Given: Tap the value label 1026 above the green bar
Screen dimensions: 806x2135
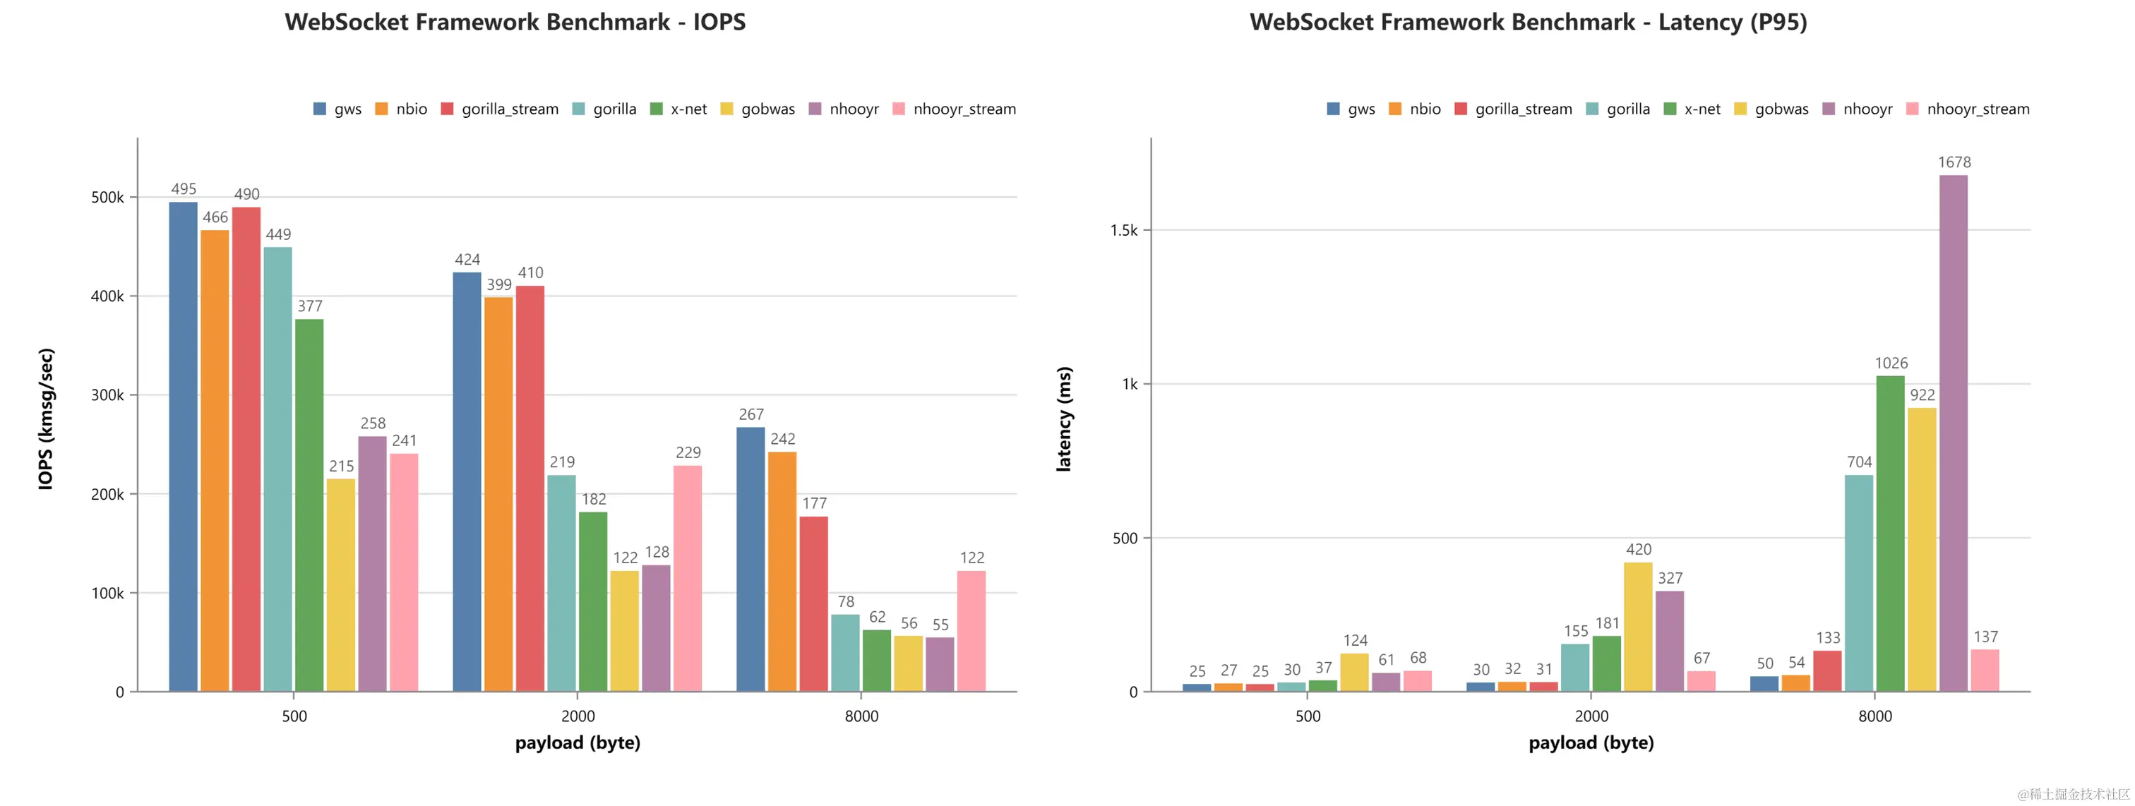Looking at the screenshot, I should [x=1891, y=363].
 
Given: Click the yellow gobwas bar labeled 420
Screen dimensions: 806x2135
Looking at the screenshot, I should [x=1638, y=626].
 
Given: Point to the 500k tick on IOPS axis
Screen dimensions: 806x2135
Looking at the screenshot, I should [x=108, y=197].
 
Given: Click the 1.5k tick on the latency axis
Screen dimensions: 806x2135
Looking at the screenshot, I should [x=1124, y=230].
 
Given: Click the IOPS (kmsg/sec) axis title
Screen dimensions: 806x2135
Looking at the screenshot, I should [x=46, y=419].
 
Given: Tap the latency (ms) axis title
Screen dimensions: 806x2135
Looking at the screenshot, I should [x=1063, y=419].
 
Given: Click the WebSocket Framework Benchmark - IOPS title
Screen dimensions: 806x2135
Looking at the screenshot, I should [x=515, y=22].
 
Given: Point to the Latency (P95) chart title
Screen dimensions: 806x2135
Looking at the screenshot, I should [x=1528, y=22].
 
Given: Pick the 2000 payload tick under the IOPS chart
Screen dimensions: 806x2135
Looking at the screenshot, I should [x=578, y=716].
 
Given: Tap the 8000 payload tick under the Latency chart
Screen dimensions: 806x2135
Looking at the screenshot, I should [x=1874, y=716].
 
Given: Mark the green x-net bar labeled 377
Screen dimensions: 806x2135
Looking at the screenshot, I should [x=309, y=505].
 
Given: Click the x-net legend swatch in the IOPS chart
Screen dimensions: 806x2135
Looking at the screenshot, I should [x=657, y=109].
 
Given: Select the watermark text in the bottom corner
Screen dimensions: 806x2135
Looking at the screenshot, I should [x=2073, y=793].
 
